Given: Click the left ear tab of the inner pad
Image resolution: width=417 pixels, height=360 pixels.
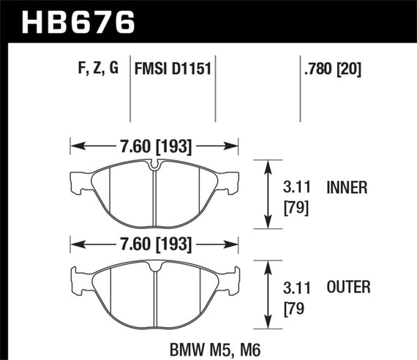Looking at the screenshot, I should tap(75, 178).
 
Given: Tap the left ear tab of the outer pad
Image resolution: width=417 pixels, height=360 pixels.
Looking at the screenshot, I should tap(75, 277).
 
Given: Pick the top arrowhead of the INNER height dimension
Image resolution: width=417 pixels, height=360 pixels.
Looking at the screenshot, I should tap(265, 162).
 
